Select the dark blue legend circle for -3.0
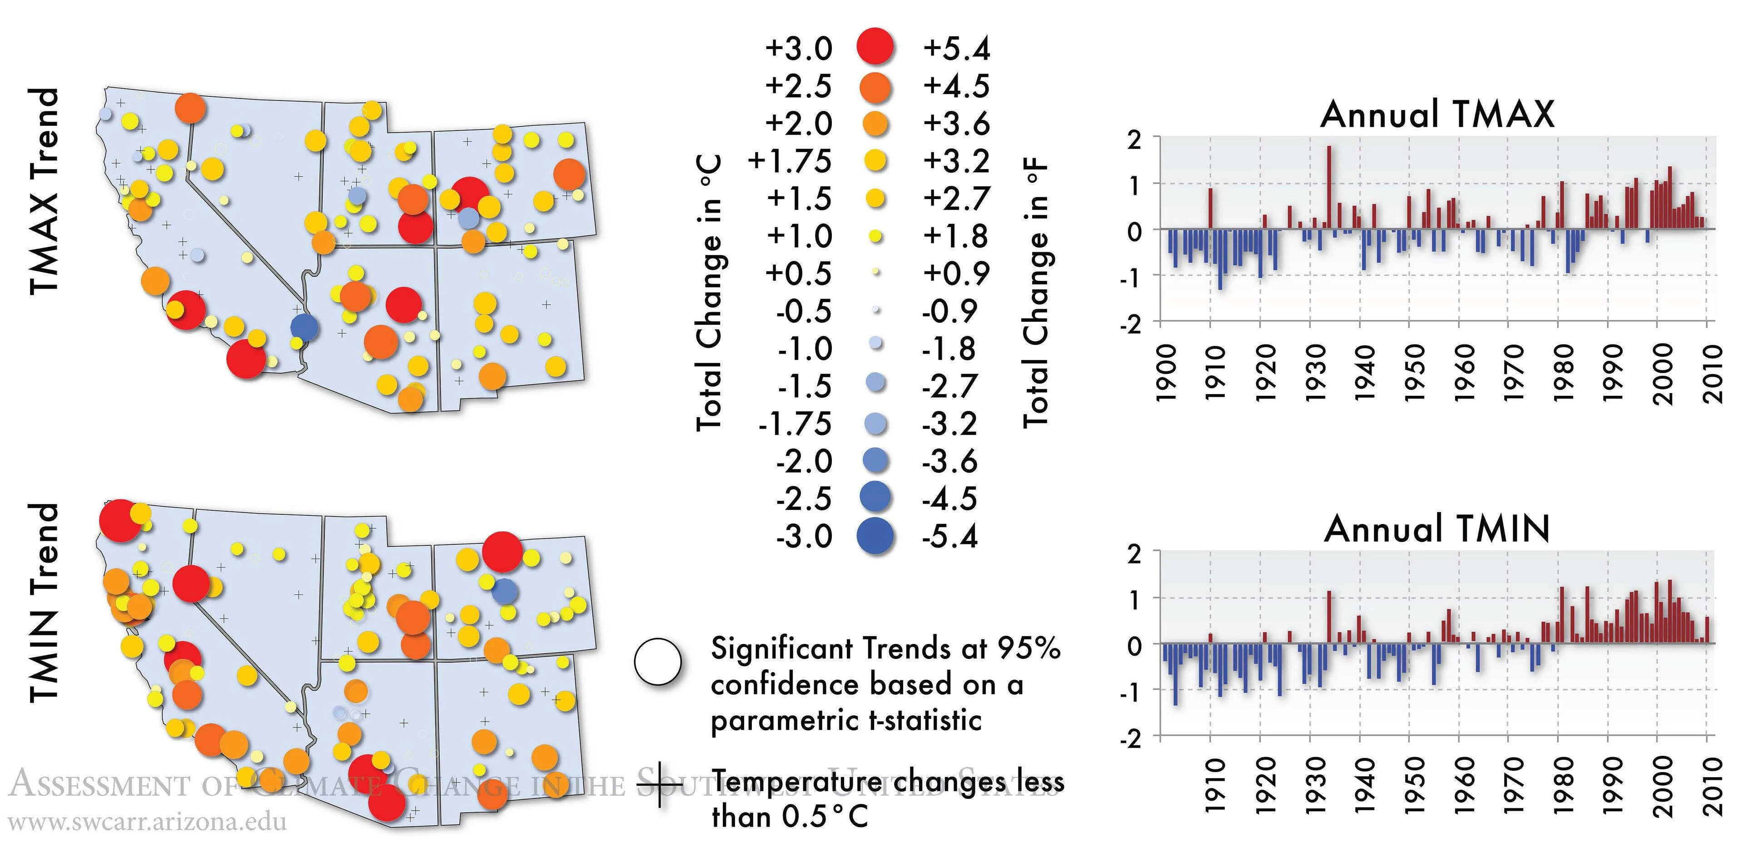[875, 536]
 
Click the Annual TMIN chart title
[1437, 529]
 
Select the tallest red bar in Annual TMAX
[1328, 187]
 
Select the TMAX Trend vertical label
[44, 191]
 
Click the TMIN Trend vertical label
[44, 603]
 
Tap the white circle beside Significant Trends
[657, 662]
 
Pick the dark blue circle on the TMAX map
[304, 327]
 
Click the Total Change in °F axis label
[1035, 293]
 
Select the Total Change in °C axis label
[709, 293]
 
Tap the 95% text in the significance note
[1028, 648]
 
